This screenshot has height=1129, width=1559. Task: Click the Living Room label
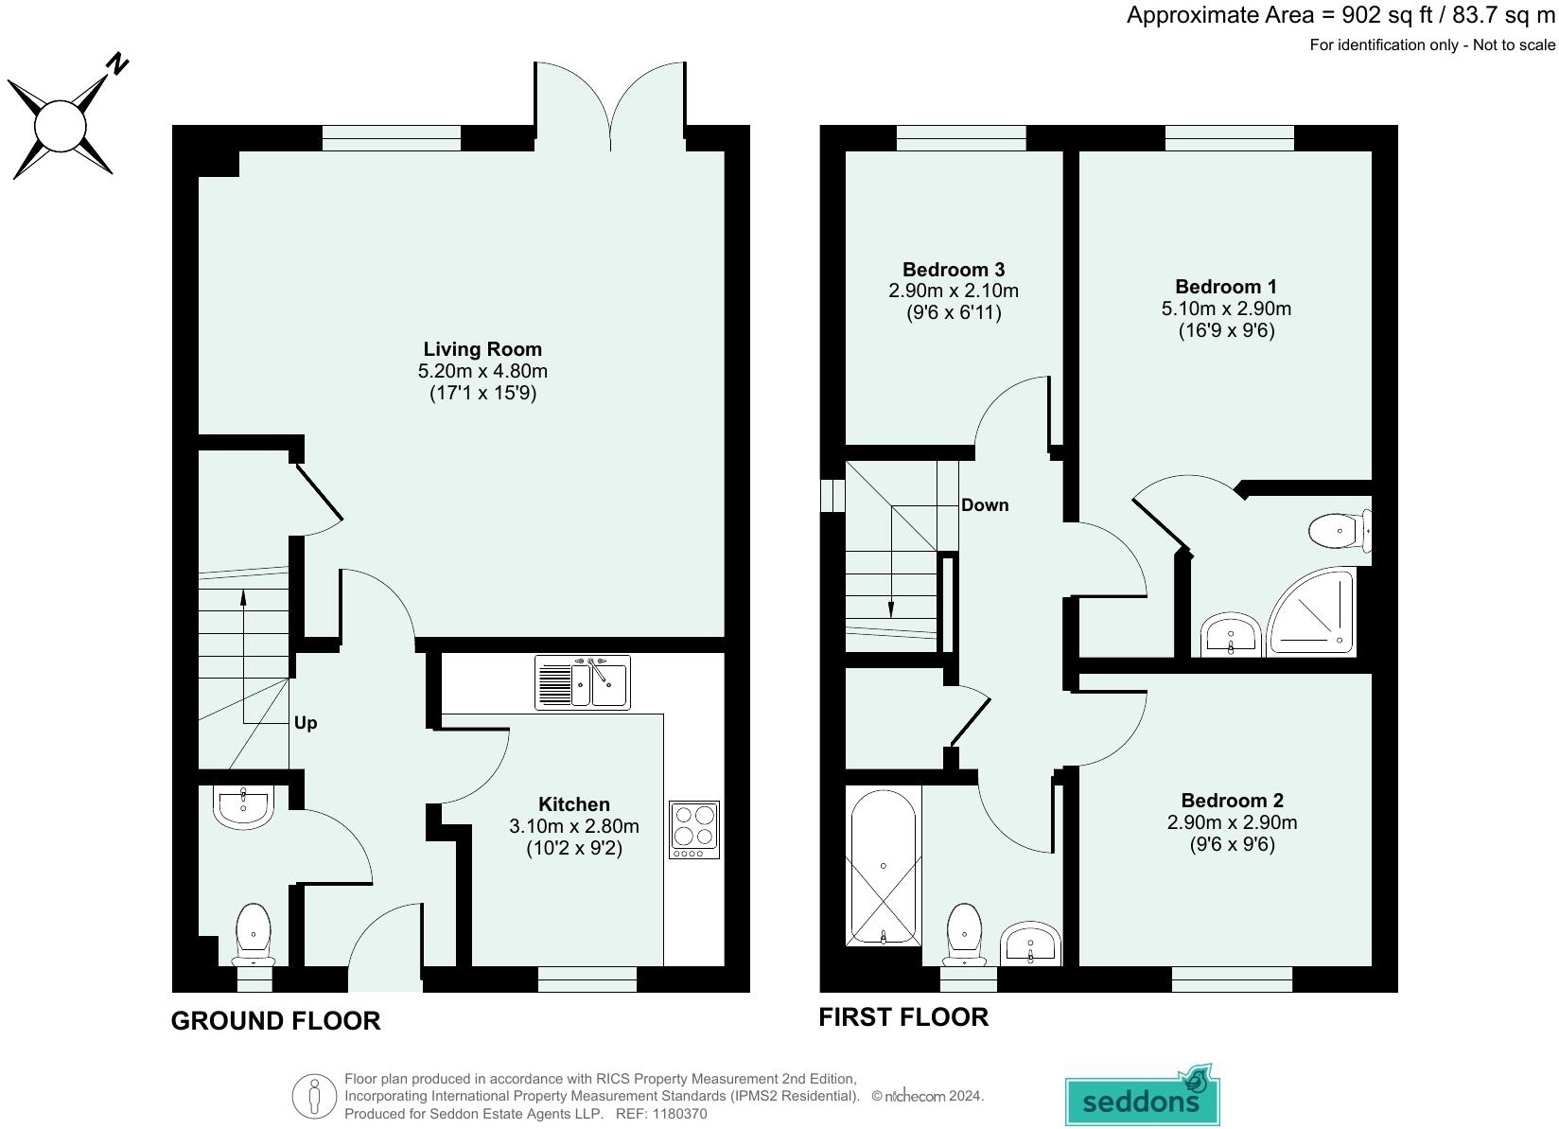click(482, 348)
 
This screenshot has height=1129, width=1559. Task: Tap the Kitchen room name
click(574, 804)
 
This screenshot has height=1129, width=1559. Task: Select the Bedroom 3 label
click(954, 270)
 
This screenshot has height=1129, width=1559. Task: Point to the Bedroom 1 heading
click(1226, 286)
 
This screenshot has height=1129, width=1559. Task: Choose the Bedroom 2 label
click(1233, 800)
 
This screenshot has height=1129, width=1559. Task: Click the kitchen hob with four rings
click(694, 830)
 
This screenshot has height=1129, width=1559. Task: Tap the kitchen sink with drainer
click(583, 682)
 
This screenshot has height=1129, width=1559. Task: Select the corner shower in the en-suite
click(1311, 612)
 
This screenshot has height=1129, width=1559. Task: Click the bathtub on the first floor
click(884, 866)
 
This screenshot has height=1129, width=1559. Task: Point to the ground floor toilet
click(254, 935)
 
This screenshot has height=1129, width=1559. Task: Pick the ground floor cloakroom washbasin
click(243, 806)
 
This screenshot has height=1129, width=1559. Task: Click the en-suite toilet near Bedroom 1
click(1340, 531)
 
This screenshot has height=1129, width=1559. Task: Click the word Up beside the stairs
click(306, 723)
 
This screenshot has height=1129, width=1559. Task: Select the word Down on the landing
click(985, 504)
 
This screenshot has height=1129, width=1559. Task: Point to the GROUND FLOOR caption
click(275, 1021)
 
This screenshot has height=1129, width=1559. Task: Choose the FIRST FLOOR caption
click(903, 1017)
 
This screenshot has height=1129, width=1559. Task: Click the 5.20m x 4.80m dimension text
click(482, 371)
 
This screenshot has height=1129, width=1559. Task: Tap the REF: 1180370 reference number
click(661, 1114)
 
